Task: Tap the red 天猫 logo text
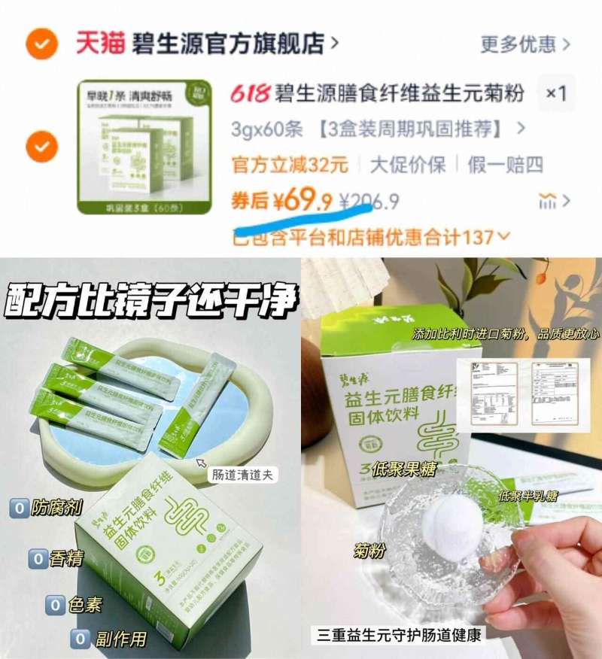tap(98, 43)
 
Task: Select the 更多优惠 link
tap(525, 44)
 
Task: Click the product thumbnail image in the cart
tap(134, 147)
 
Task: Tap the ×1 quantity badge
tap(556, 93)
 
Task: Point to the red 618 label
tap(250, 94)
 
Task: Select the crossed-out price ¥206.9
tap(369, 202)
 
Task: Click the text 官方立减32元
tap(289, 165)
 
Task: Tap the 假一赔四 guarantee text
tap(505, 165)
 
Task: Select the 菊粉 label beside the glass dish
tap(369, 551)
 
